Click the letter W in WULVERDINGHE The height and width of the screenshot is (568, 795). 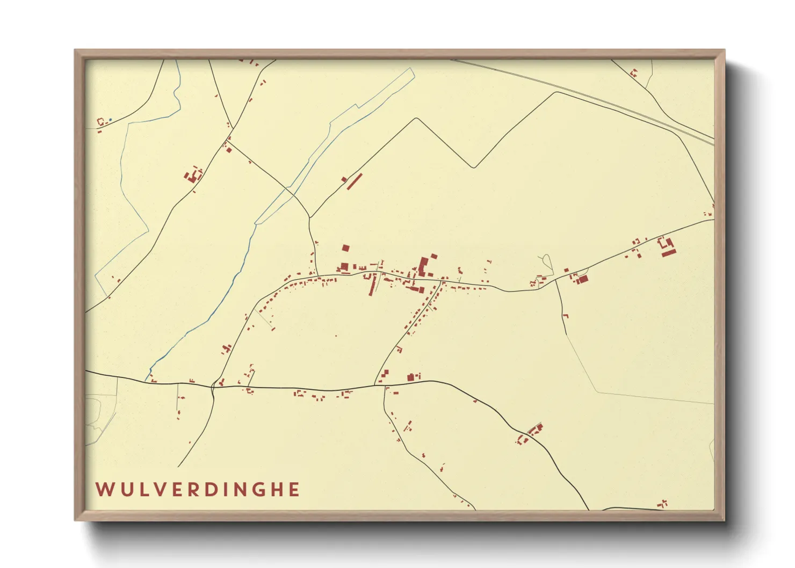[104, 490]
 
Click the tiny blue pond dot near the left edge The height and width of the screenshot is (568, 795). [110, 120]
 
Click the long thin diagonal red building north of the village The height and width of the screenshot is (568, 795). [355, 181]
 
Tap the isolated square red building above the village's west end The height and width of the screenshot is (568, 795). [345, 248]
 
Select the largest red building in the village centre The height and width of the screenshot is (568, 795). [424, 267]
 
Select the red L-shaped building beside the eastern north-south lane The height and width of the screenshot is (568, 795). [565, 316]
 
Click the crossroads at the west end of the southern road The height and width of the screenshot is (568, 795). [213, 385]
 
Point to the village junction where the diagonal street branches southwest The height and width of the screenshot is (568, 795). [442, 281]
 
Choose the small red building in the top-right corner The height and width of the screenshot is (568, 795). [634, 73]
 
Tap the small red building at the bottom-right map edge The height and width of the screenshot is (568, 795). [663, 504]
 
